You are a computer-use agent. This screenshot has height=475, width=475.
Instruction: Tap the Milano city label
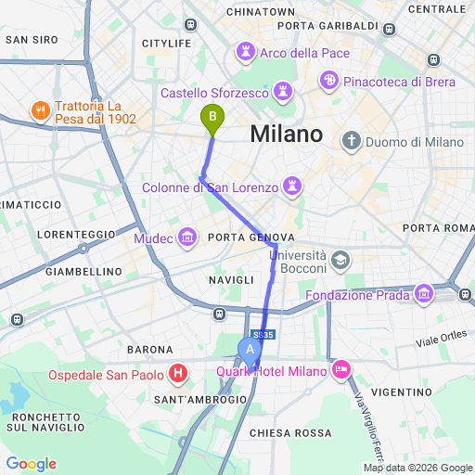tap(287, 134)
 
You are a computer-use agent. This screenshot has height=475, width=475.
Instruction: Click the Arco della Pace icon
tap(246, 52)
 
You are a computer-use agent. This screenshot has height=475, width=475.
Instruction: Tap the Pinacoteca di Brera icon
tap(328, 82)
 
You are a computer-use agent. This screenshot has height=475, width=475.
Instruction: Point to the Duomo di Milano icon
tap(351, 141)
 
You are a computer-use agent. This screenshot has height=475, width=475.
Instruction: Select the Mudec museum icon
tap(188, 238)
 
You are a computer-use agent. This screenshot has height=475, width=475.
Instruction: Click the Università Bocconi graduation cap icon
tap(340, 261)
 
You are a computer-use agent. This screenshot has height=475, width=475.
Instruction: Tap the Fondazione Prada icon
tap(425, 293)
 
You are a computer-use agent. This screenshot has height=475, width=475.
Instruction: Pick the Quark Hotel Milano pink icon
tap(340, 371)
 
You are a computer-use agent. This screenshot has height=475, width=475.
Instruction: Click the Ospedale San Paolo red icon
tap(178, 374)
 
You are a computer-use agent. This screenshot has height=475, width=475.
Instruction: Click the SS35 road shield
tap(263, 334)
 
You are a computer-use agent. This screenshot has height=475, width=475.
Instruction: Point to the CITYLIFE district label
tap(166, 44)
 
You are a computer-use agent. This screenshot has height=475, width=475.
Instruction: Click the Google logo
tap(31, 464)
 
